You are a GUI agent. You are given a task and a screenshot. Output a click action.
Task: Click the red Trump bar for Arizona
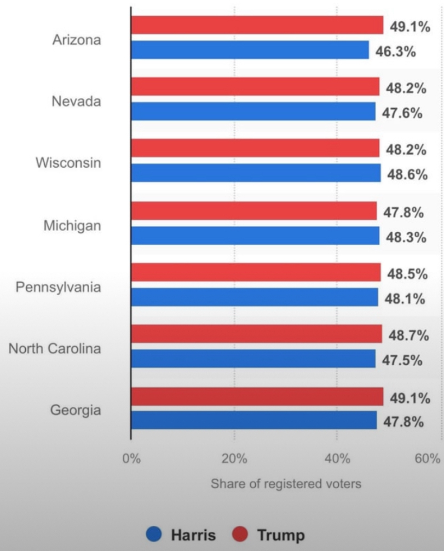tap(257, 25)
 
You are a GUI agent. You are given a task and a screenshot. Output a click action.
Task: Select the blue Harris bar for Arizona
tap(250, 50)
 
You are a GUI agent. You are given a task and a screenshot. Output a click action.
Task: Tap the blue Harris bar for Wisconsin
tap(256, 173)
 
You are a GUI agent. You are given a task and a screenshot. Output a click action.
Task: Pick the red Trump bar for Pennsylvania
tap(256, 272)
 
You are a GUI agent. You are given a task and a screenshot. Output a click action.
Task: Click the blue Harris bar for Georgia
tap(253, 420)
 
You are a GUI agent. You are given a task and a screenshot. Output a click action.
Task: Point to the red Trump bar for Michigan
tap(253, 210)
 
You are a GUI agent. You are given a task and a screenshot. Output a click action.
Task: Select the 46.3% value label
tap(395, 52)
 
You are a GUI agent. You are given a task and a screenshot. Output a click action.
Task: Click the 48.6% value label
tap(407, 175)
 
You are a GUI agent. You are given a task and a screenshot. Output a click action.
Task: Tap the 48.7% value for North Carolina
tap(408, 335)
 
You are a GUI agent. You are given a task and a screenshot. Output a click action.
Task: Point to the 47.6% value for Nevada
tap(402, 113)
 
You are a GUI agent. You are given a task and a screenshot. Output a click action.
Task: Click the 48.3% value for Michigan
tap(406, 237)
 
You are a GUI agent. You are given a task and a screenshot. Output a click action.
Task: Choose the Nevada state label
tap(76, 101)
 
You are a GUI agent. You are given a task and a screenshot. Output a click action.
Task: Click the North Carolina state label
tap(55, 348)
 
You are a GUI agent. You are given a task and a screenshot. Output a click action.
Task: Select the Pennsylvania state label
tap(58, 286)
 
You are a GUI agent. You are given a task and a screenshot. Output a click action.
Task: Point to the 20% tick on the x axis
tap(234, 459)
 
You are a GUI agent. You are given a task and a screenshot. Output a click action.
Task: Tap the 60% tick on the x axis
tap(427, 459)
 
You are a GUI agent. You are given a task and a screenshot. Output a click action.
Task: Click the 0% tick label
tap(131, 459)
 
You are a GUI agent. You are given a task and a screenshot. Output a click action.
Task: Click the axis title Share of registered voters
tap(286, 484)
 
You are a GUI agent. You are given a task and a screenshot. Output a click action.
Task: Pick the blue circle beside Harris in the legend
tap(154, 534)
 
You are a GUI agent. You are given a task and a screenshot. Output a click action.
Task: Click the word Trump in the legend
tap(280, 535)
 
